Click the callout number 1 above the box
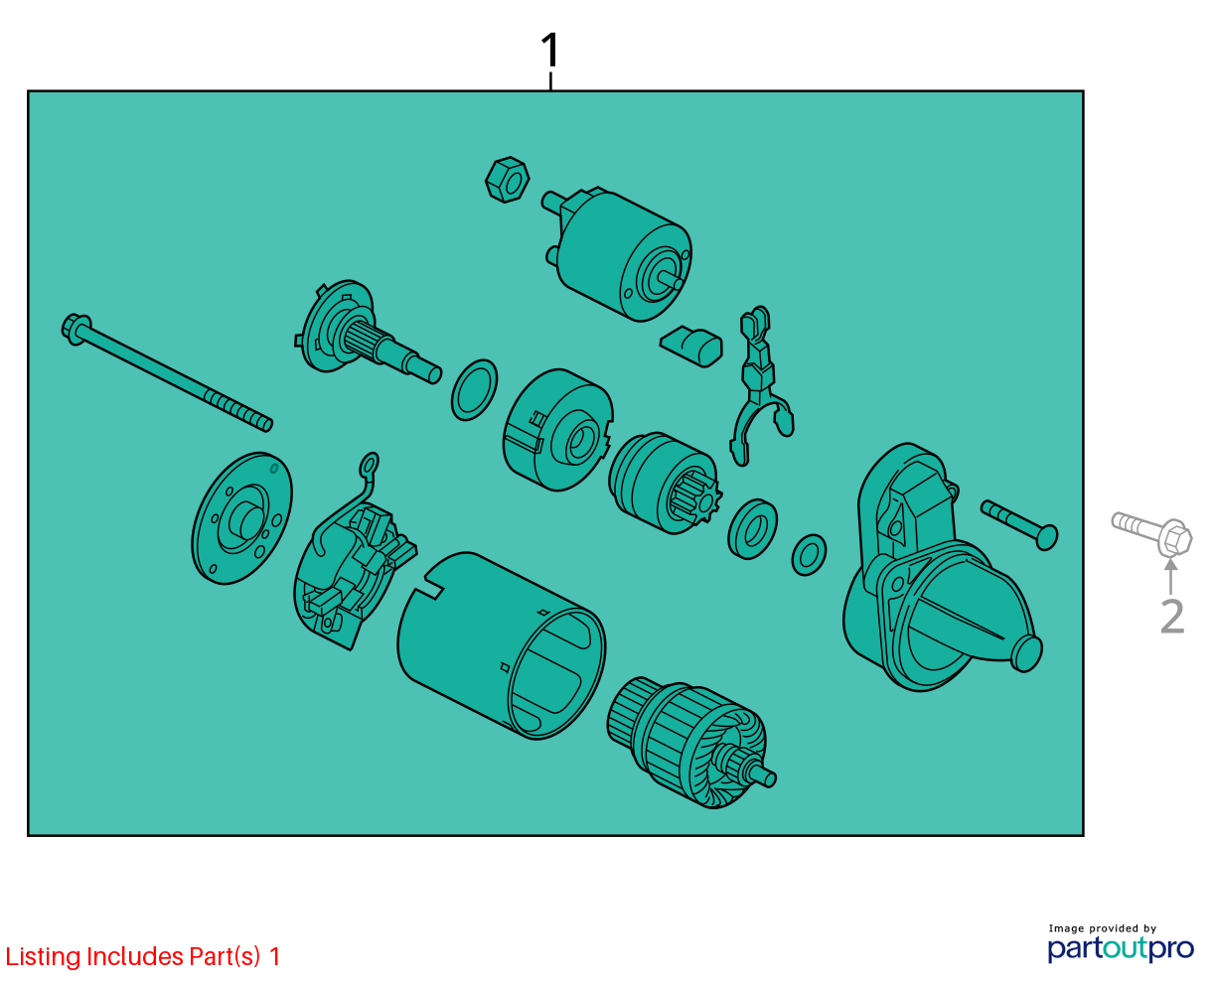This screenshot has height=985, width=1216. click(549, 51)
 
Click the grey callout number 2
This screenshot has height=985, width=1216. click(1171, 616)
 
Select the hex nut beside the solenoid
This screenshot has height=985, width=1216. click(507, 180)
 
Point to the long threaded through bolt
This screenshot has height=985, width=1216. click(166, 372)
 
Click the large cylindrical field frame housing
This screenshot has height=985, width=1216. click(502, 644)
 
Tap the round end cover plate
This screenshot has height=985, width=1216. click(242, 518)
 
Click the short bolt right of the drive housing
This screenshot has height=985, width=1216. click(1019, 525)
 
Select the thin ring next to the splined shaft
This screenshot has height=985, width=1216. click(475, 390)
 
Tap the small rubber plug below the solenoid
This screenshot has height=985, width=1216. click(691, 346)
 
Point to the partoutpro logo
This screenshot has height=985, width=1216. click(1120, 948)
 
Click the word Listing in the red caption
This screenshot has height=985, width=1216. click(44, 957)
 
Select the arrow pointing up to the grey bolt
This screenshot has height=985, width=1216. click(1171, 576)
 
